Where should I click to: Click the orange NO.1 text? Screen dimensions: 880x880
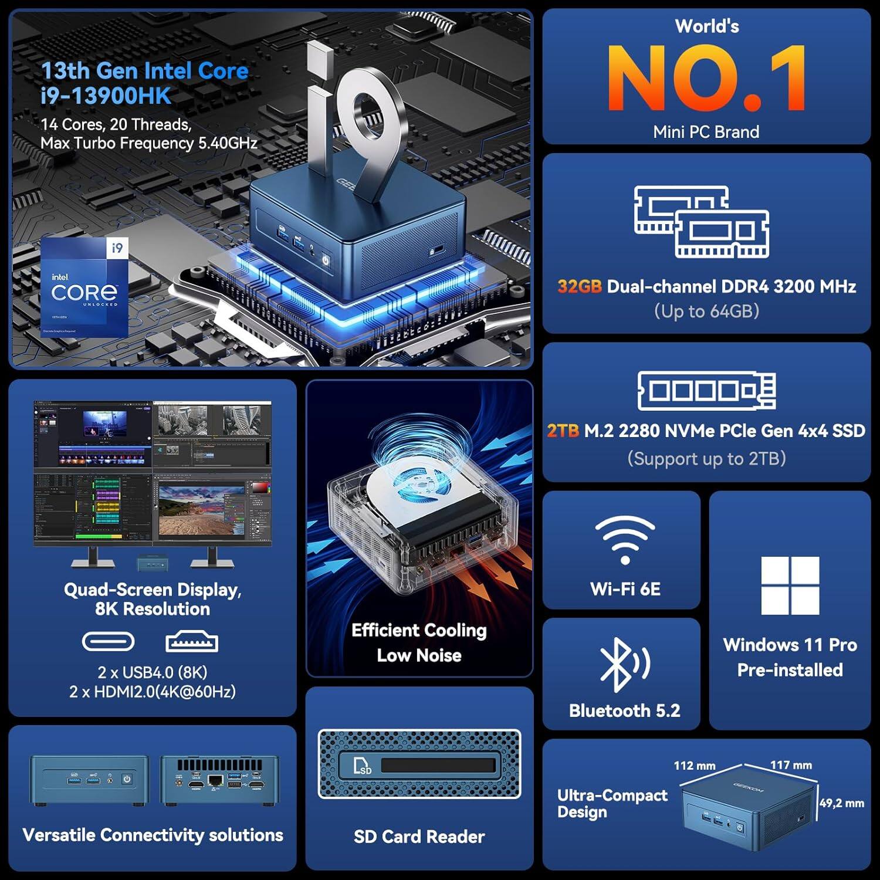tap(706, 78)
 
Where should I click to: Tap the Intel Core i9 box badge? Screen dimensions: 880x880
tap(84, 286)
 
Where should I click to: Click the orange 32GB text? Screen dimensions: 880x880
tap(579, 286)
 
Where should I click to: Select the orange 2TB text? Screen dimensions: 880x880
tap(563, 431)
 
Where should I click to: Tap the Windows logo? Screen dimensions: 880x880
tap(790, 585)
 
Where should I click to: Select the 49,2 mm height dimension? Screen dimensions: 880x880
tap(841, 803)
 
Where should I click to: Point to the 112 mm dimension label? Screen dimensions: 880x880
tap(694, 766)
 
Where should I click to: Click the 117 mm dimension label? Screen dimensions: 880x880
tap(791, 765)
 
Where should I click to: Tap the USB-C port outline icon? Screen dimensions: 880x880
tap(108, 642)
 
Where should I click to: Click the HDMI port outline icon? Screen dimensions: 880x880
tap(192, 642)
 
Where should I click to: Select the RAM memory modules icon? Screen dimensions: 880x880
tap(702, 222)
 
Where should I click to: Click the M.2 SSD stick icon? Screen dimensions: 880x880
tap(706, 390)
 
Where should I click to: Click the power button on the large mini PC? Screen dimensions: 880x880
tap(326, 259)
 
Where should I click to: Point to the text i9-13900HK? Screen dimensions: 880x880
tap(106, 96)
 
